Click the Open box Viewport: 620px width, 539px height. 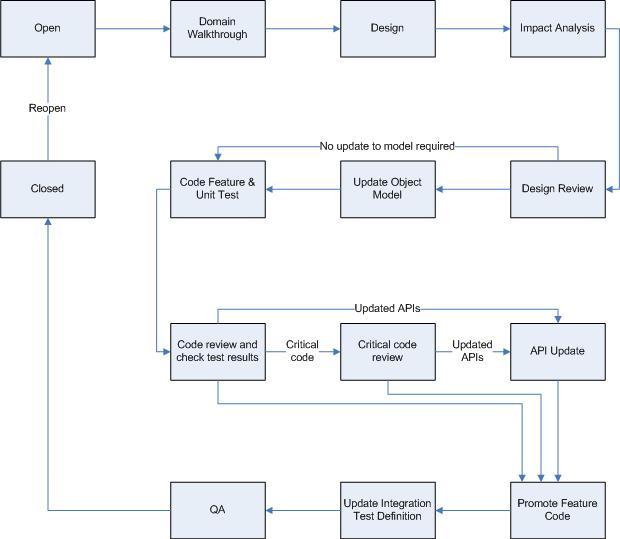(x=48, y=28)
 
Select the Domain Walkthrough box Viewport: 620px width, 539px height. (x=217, y=28)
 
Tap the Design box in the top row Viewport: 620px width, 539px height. (x=387, y=28)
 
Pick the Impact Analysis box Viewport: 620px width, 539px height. (x=557, y=28)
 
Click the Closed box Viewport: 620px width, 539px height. (x=48, y=188)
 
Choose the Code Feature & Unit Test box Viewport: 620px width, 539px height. (x=217, y=188)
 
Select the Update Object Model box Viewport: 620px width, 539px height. (x=387, y=188)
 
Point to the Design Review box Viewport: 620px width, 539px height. (x=557, y=188)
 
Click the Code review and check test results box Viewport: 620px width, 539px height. (x=217, y=351)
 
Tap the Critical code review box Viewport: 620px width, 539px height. (x=387, y=351)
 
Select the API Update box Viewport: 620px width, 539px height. (x=557, y=351)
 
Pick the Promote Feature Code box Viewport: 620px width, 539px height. (x=557, y=510)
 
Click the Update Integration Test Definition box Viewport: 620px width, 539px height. (x=387, y=510)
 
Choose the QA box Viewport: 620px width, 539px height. (x=217, y=510)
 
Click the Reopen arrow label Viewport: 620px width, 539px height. (x=48, y=108)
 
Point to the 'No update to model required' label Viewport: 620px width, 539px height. (x=387, y=146)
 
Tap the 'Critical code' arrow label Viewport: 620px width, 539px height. (x=302, y=351)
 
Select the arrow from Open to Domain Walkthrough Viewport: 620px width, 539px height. (x=132, y=28)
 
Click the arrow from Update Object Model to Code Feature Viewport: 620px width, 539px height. (x=302, y=188)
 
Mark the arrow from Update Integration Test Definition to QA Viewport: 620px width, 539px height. (x=302, y=510)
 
